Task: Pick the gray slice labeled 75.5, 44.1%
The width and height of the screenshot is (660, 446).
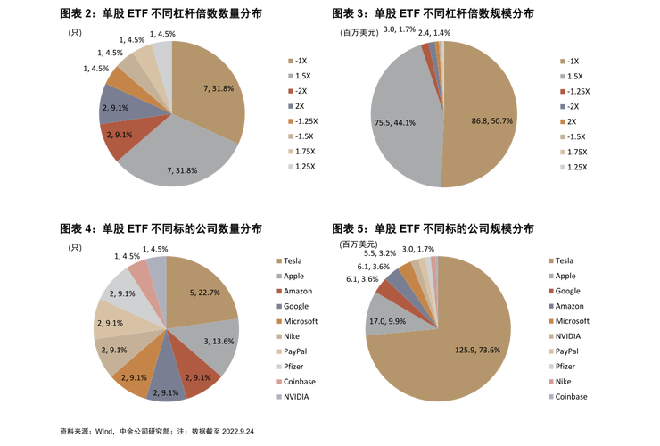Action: tap(401, 116)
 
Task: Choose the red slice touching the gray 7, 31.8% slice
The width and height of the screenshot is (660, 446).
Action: tap(120, 138)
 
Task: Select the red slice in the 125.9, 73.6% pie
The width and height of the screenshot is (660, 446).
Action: tap(384, 288)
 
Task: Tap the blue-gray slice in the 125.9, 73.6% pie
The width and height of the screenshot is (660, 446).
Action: tap(394, 277)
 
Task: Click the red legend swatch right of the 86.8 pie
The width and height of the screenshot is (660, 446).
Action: tap(562, 91)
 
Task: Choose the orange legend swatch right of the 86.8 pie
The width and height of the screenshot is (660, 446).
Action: tap(562, 121)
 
